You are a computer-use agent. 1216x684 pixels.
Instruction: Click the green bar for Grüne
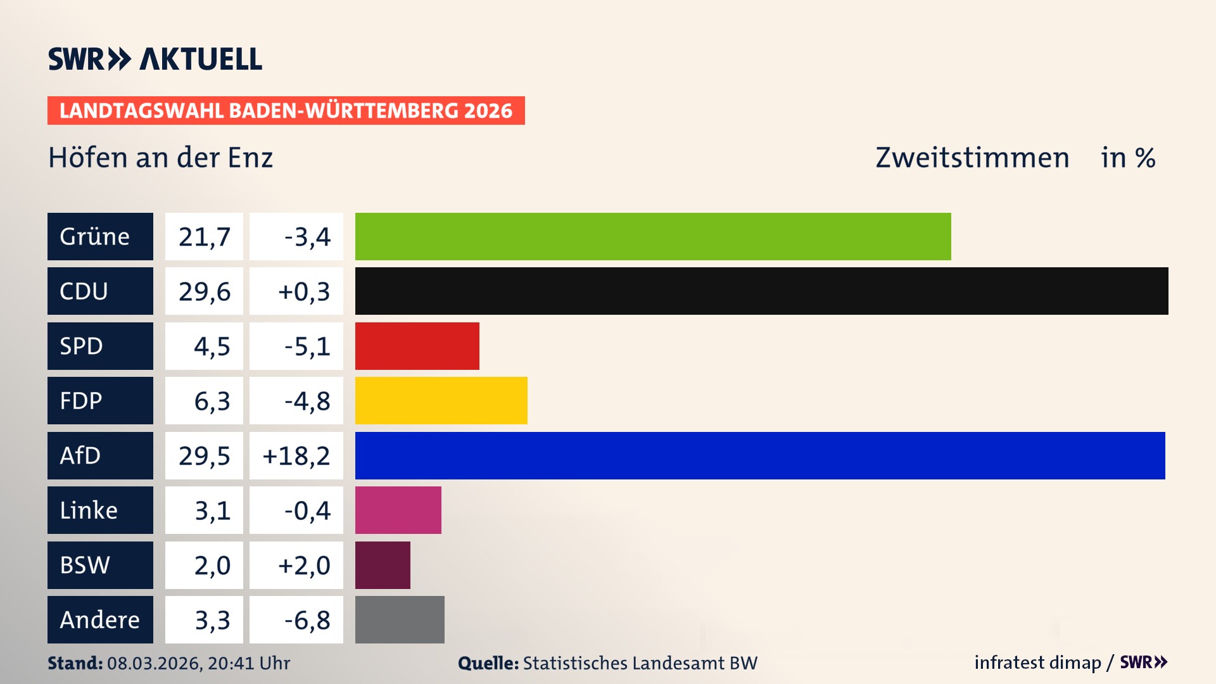[x=652, y=236]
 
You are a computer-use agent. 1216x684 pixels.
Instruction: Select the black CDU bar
[x=761, y=291]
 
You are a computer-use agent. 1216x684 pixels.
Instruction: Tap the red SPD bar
[x=417, y=346]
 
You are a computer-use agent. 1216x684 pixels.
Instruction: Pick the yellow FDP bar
[x=441, y=400]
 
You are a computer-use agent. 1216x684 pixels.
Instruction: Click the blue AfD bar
[x=759, y=455]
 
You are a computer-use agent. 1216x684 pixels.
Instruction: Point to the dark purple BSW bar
[x=383, y=565]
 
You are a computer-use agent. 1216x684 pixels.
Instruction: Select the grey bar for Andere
[x=400, y=619]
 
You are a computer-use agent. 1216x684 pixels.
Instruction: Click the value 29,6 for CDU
[x=204, y=291]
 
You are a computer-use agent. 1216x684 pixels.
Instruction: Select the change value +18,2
[x=296, y=456]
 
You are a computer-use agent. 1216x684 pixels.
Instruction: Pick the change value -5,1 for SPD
[x=307, y=346]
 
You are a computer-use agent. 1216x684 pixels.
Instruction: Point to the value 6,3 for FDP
[x=212, y=401]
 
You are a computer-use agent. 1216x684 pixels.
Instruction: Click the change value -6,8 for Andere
[x=307, y=620]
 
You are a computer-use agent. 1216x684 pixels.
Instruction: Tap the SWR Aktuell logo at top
[x=155, y=59]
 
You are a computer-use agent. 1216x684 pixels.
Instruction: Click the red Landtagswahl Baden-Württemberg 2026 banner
[x=286, y=110]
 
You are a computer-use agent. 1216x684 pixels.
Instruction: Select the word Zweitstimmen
[x=972, y=158]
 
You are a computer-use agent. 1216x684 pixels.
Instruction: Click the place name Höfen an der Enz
[x=160, y=158]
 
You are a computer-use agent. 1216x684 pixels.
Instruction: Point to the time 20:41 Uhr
[x=248, y=663]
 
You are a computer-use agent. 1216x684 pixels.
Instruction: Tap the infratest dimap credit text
[x=1037, y=662]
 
